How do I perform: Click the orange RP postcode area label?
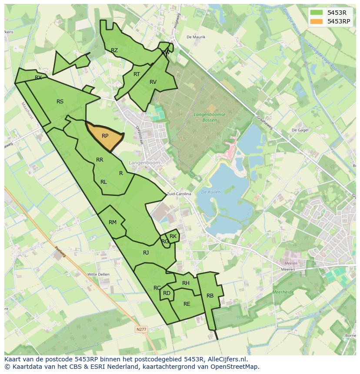click(x=105, y=136)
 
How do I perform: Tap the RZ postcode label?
click(x=114, y=50)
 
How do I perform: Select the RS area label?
click(x=60, y=102)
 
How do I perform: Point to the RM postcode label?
click(x=113, y=222)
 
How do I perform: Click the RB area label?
click(x=210, y=296)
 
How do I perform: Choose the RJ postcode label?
click(x=146, y=253)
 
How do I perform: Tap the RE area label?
click(x=187, y=304)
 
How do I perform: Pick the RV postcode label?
click(x=153, y=82)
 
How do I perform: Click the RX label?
click(x=38, y=78)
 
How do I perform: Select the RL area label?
click(x=103, y=182)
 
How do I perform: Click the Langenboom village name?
click(x=144, y=162)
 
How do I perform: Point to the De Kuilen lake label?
click(x=211, y=192)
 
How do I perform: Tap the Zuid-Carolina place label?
click(x=179, y=194)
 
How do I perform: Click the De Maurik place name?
click(x=196, y=37)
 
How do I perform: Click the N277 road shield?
click(x=141, y=329)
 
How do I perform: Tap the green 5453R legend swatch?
click(x=317, y=13)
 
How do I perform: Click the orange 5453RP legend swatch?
click(x=317, y=21)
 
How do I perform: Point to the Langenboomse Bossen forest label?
click(x=210, y=117)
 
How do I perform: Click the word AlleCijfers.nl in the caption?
click(x=226, y=359)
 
